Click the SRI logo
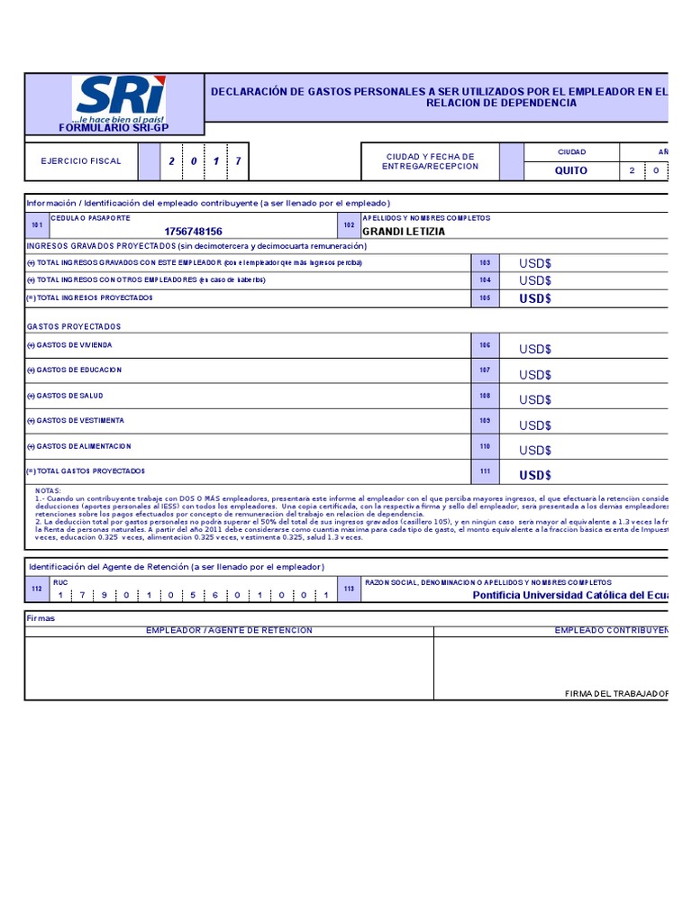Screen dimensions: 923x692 click(120, 98)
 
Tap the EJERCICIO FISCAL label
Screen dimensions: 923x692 click(80, 161)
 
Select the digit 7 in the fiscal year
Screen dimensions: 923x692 click(238, 161)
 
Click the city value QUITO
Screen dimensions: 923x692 click(570, 170)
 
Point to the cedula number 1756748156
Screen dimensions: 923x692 click(193, 232)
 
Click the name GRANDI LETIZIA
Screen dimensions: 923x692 click(403, 232)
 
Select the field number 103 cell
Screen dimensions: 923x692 click(485, 263)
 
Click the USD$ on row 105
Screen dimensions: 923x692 click(535, 298)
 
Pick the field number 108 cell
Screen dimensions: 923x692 click(485, 396)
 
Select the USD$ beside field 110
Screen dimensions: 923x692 click(535, 450)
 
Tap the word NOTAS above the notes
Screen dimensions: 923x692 click(48, 491)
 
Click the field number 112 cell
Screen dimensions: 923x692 click(36, 589)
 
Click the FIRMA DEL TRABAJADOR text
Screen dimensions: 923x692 click(616, 693)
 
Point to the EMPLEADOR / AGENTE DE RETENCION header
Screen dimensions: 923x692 click(229, 630)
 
